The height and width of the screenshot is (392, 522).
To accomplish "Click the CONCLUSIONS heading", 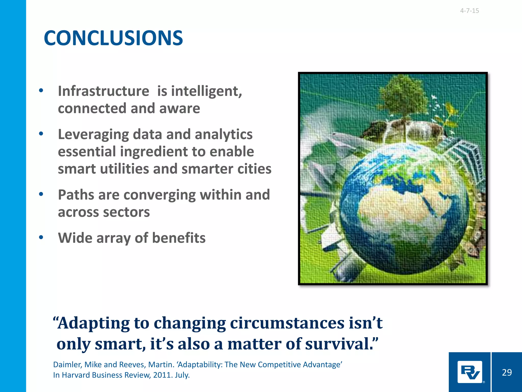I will [x=113, y=38].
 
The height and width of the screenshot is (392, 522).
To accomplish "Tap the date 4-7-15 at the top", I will [x=469, y=11].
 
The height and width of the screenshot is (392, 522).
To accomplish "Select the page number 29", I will [x=507, y=372].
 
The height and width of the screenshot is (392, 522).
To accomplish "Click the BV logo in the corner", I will [x=470, y=372].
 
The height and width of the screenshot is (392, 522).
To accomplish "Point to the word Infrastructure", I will [x=103, y=91].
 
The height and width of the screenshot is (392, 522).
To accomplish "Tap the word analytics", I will [x=224, y=134].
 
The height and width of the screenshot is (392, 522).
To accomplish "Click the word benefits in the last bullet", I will [x=179, y=238].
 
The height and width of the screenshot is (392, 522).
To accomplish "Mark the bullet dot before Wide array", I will [x=41, y=238].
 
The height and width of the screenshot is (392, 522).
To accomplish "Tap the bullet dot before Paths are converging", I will [x=41, y=194].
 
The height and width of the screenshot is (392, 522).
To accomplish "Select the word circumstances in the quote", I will [x=287, y=323].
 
